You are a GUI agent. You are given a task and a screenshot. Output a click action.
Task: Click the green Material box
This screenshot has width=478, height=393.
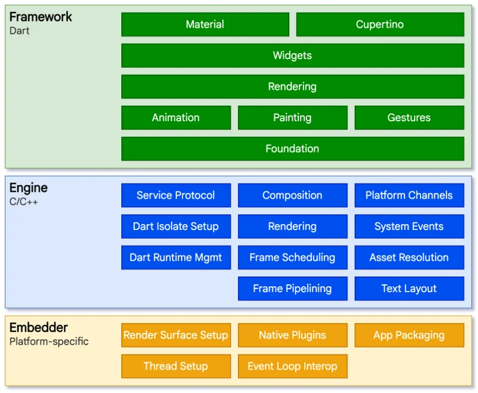pyautogui.click(x=205, y=24)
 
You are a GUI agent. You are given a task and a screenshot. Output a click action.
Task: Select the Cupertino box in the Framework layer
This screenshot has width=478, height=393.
pyautogui.click(x=380, y=24)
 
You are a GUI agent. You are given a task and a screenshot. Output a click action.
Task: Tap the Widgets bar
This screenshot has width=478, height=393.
pyautogui.click(x=292, y=56)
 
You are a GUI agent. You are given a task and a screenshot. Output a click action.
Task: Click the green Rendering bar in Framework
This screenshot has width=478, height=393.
pyautogui.click(x=292, y=87)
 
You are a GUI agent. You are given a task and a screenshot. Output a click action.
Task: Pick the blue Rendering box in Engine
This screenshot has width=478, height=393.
pyautogui.click(x=292, y=226)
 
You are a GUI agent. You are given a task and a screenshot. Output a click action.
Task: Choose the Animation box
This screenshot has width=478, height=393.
pyautogui.click(x=176, y=118)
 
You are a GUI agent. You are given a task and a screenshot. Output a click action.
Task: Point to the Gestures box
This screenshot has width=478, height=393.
pyautogui.click(x=409, y=118)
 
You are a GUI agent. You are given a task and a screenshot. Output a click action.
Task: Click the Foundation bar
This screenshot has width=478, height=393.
pyautogui.click(x=292, y=149)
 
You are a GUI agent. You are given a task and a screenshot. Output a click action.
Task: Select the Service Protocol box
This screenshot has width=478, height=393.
pyautogui.click(x=176, y=195)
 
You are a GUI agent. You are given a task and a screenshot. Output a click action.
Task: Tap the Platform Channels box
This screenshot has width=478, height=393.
pyautogui.click(x=409, y=195)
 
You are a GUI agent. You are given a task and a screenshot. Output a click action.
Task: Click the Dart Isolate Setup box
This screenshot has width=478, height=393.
pyautogui.click(x=176, y=226)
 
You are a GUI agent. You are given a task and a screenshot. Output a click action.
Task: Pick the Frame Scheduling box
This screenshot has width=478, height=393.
pyautogui.click(x=292, y=257)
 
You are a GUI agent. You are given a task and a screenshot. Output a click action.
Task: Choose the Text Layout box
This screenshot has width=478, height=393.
pyautogui.click(x=409, y=288)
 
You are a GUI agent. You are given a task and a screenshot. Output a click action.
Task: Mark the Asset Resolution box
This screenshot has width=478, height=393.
pyautogui.click(x=409, y=257)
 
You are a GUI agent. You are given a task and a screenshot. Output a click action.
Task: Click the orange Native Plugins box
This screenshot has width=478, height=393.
pyautogui.click(x=292, y=335)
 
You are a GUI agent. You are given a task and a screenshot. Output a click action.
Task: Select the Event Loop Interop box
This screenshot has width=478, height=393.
pyautogui.click(x=292, y=366)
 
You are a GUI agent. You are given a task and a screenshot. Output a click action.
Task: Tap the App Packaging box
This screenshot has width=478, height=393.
pyautogui.click(x=409, y=335)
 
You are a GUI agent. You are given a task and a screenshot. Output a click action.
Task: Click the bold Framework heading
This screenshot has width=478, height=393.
pyautogui.click(x=41, y=17)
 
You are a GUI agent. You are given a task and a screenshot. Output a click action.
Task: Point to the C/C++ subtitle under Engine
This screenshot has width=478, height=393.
pyautogui.click(x=24, y=202)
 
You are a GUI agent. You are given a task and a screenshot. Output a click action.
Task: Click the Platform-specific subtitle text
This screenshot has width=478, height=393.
pyautogui.click(x=49, y=342)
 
